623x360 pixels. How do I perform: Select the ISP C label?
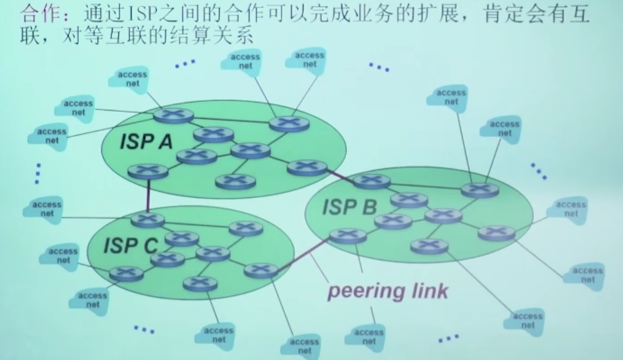(x=130, y=246)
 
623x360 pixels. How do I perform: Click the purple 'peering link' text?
(x=387, y=291)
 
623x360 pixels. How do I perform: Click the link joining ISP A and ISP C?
(x=147, y=195)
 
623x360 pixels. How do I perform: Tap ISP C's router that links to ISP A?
(x=147, y=220)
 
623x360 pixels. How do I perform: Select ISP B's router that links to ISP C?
(x=348, y=236)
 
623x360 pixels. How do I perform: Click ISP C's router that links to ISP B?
(x=261, y=270)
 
